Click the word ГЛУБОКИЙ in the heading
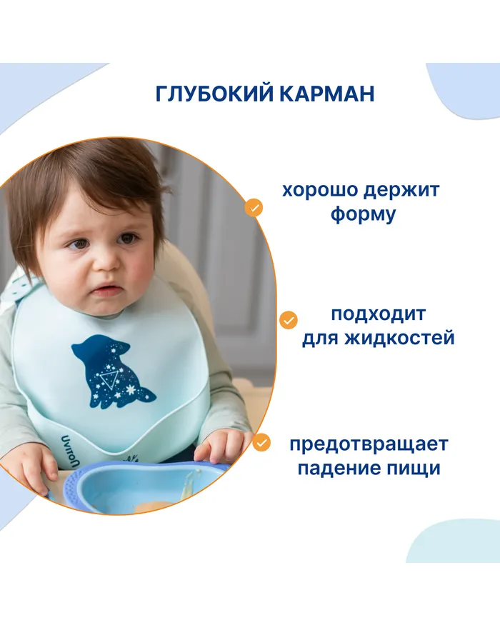pos(214,94)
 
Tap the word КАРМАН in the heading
pos(327,94)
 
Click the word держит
pos(401,191)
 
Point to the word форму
pos(364,214)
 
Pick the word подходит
pos(378,314)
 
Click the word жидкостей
pos(399,338)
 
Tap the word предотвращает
pos(369,444)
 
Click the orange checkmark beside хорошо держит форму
pos(254,208)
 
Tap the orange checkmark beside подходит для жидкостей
pos(289,320)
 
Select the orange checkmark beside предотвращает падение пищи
pos(261,442)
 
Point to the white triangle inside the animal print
pos(109,379)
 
